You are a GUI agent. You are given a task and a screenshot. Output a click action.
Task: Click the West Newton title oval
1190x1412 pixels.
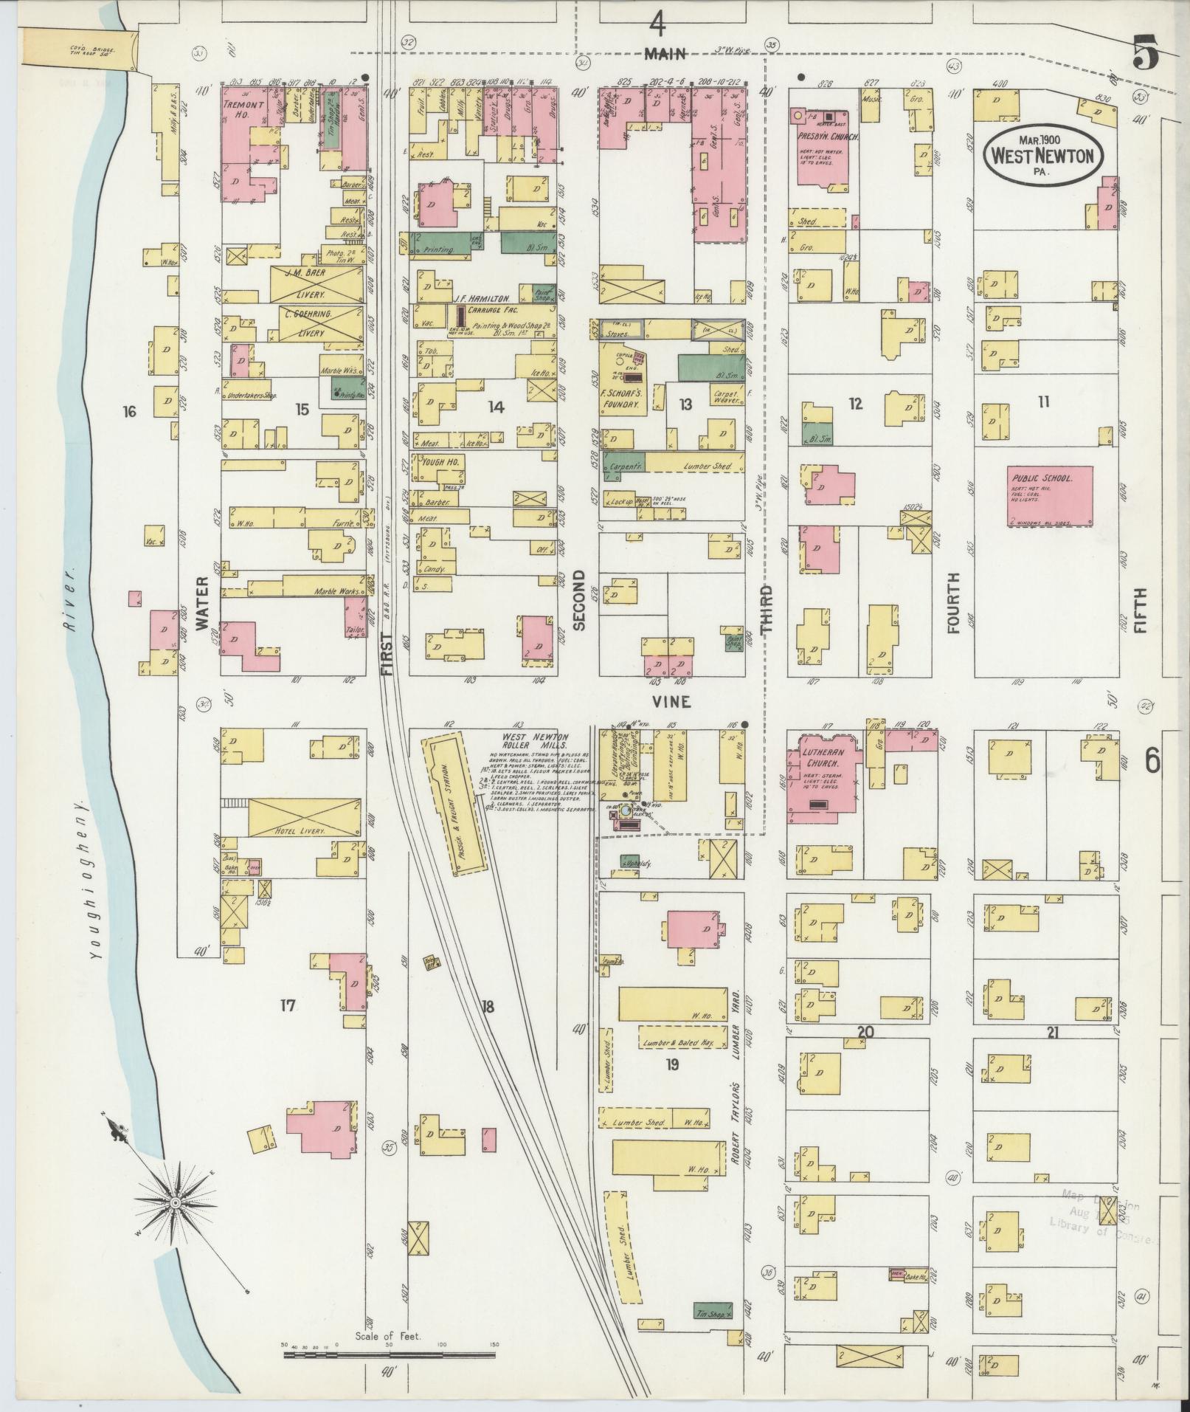(x=1042, y=154)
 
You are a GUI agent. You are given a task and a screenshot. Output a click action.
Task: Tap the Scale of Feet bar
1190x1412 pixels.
(x=389, y=1354)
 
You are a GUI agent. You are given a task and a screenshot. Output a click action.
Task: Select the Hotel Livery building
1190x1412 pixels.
(x=303, y=817)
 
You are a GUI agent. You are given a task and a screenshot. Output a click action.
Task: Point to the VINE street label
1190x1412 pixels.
(x=671, y=702)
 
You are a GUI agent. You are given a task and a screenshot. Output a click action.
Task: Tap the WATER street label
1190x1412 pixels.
(x=202, y=603)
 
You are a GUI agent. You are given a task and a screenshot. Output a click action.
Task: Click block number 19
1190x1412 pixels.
(x=671, y=1064)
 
